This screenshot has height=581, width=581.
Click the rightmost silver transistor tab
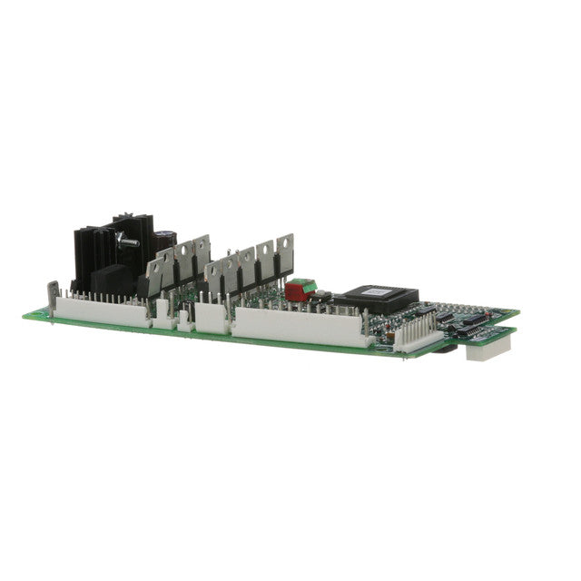pos(285,254)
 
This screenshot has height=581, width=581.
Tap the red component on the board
pos(294,292)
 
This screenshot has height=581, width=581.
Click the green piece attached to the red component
pos(309,288)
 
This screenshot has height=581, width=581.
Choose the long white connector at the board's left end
pos(100,310)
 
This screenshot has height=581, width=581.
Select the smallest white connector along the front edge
pos(184,320)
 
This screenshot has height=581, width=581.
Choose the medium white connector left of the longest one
pos(211,317)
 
